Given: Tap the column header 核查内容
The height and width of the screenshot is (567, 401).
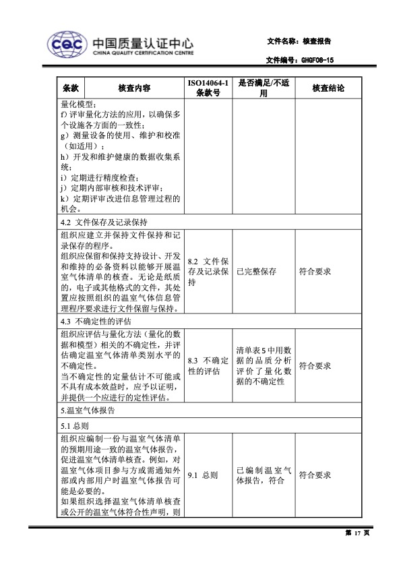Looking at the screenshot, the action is pyautogui.click(x=133, y=88).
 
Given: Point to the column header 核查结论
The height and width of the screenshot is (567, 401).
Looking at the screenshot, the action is pyautogui.click(x=329, y=88).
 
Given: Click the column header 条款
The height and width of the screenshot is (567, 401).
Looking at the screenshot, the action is pyautogui.click(x=71, y=88).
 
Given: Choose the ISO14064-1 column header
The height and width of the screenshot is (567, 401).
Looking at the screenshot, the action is pyautogui.click(x=208, y=88).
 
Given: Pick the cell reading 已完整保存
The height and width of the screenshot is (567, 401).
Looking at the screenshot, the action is pyautogui.click(x=256, y=272).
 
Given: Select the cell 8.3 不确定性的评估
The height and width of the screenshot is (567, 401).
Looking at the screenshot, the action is pyautogui.click(x=208, y=366).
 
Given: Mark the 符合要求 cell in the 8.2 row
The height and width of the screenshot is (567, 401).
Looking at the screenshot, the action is pyautogui.click(x=315, y=272).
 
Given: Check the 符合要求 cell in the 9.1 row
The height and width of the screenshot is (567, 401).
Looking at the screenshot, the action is pyautogui.click(x=315, y=475).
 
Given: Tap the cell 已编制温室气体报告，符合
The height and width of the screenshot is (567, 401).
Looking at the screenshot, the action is pyautogui.click(x=263, y=475).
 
